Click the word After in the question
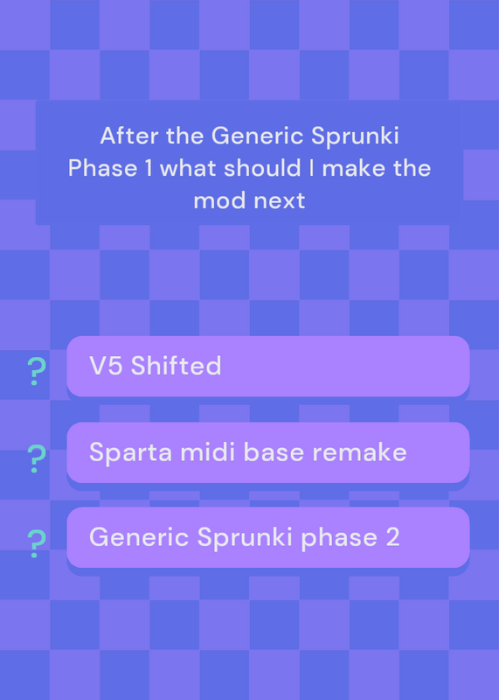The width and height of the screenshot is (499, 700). [x=128, y=136]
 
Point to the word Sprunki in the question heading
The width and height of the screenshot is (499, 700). [x=355, y=137]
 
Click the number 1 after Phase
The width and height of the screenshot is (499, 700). [x=148, y=168]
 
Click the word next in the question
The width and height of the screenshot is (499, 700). [x=279, y=201]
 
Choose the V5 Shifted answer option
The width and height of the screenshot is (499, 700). [x=268, y=366]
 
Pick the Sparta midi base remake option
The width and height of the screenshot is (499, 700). [x=268, y=452]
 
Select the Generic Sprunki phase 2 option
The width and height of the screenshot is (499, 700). [x=268, y=537]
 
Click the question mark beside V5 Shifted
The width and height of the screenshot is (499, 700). [x=36, y=371]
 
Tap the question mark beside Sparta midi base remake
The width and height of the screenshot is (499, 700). [x=36, y=458]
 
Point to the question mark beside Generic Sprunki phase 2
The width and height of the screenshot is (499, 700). [x=36, y=543]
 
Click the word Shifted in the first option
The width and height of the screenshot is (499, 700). [x=176, y=366]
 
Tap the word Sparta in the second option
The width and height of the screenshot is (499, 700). [x=131, y=453]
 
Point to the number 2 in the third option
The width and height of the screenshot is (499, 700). [x=393, y=537]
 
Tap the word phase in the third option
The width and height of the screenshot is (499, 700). [x=339, y=538]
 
